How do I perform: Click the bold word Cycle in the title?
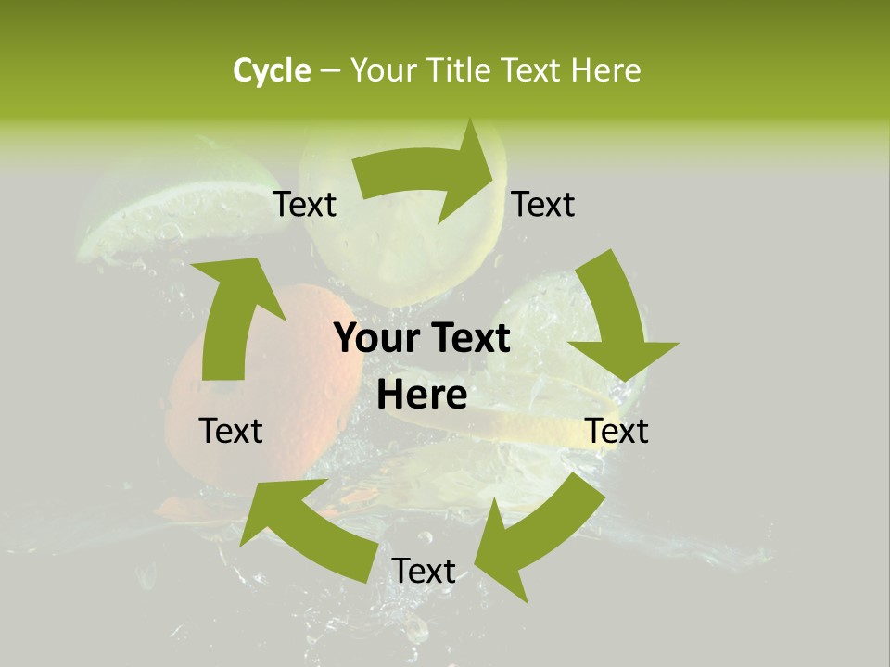tap(272, 70)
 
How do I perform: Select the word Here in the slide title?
tap(605, 70)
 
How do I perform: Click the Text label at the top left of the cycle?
tap(305, 204)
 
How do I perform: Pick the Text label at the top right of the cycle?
tap(543, 204)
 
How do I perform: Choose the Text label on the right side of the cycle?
tap(617, 431)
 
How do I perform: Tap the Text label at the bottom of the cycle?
tap(424, 571)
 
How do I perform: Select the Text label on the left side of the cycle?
tap(231, 431)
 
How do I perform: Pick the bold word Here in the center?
tap(422, 395)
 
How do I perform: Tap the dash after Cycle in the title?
tap(330, 70)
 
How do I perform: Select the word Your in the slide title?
tap(380, 70)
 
